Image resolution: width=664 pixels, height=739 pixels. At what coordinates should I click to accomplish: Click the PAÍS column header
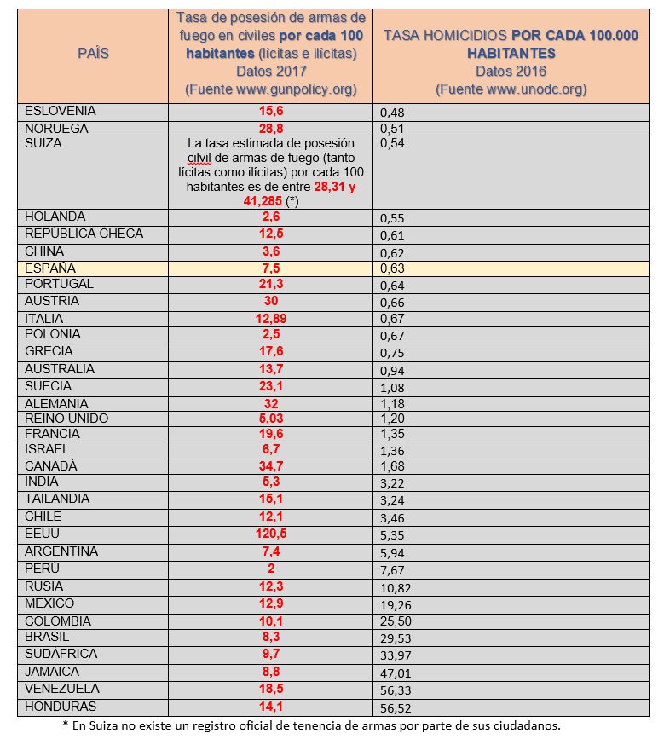coord(93,53)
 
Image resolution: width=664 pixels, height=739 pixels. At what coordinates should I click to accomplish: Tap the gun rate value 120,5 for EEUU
coord(271,534)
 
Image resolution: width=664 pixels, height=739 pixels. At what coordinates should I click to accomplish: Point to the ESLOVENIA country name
coord(61,111)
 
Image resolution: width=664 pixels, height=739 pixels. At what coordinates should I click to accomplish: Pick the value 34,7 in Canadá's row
coord(271,466)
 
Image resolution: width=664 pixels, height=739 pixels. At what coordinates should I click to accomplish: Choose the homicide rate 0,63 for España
coord(392,268)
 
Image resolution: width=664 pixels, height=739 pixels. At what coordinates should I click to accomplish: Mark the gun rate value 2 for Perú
coord(271,569)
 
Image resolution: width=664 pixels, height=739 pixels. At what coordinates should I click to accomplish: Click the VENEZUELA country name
coord(62,688)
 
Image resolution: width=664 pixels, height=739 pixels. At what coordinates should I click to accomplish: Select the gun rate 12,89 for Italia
coord(271,318)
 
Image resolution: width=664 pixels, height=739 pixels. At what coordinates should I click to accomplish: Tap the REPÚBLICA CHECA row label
coord(84,234)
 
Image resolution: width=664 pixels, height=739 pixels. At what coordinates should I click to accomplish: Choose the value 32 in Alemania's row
coord(271,403)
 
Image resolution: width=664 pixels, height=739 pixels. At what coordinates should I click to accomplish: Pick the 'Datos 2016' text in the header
coord(511,71)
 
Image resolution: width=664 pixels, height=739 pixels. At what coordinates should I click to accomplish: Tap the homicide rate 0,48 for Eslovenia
coord(392,112)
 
